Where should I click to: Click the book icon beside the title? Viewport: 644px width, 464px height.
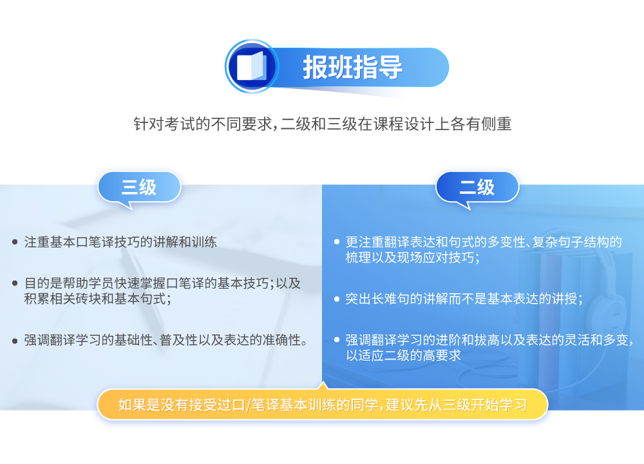point(252,66)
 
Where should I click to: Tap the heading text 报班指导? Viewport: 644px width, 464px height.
point(353,68)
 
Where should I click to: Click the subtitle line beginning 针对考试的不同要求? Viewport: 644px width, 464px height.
point(323,124)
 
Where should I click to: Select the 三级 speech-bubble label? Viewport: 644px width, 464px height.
point(139,188)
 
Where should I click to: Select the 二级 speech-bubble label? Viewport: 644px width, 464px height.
point(477,188)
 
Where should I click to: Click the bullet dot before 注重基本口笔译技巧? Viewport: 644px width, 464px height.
point(15,242)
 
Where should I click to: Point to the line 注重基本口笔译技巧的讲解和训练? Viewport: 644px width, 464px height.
point(120,242)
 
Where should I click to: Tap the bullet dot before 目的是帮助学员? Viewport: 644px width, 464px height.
point(15,283)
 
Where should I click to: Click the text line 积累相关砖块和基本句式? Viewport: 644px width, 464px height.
point(98,299)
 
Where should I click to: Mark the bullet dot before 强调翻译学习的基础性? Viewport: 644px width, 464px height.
point(15,341)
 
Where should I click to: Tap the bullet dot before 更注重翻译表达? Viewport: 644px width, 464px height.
point(337,242)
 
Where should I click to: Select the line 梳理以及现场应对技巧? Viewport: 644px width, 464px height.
point(412,258)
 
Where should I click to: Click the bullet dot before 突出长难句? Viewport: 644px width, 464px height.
point(337,299)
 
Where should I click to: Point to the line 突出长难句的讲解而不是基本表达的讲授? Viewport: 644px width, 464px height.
point(464,299)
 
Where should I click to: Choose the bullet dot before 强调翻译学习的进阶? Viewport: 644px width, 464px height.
point(337,340)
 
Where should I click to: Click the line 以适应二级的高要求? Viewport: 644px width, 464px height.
point(403,356)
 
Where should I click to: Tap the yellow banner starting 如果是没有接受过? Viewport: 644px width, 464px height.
point(323,405)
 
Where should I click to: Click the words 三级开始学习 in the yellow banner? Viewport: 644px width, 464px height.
point(485,405)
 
